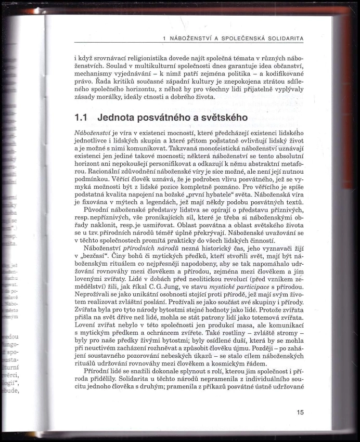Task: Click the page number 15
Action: point(300,412)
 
